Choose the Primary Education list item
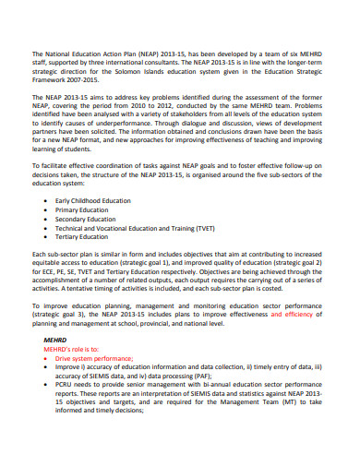82,210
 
